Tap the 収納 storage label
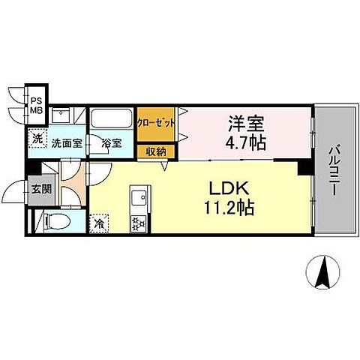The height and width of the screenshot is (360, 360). pos(157,152)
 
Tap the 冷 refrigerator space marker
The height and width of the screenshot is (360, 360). pos(100,222)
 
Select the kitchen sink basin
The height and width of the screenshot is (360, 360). pos(139,199)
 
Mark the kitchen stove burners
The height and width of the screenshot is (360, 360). pos(139,222)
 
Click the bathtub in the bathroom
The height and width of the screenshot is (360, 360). pos(112,120)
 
